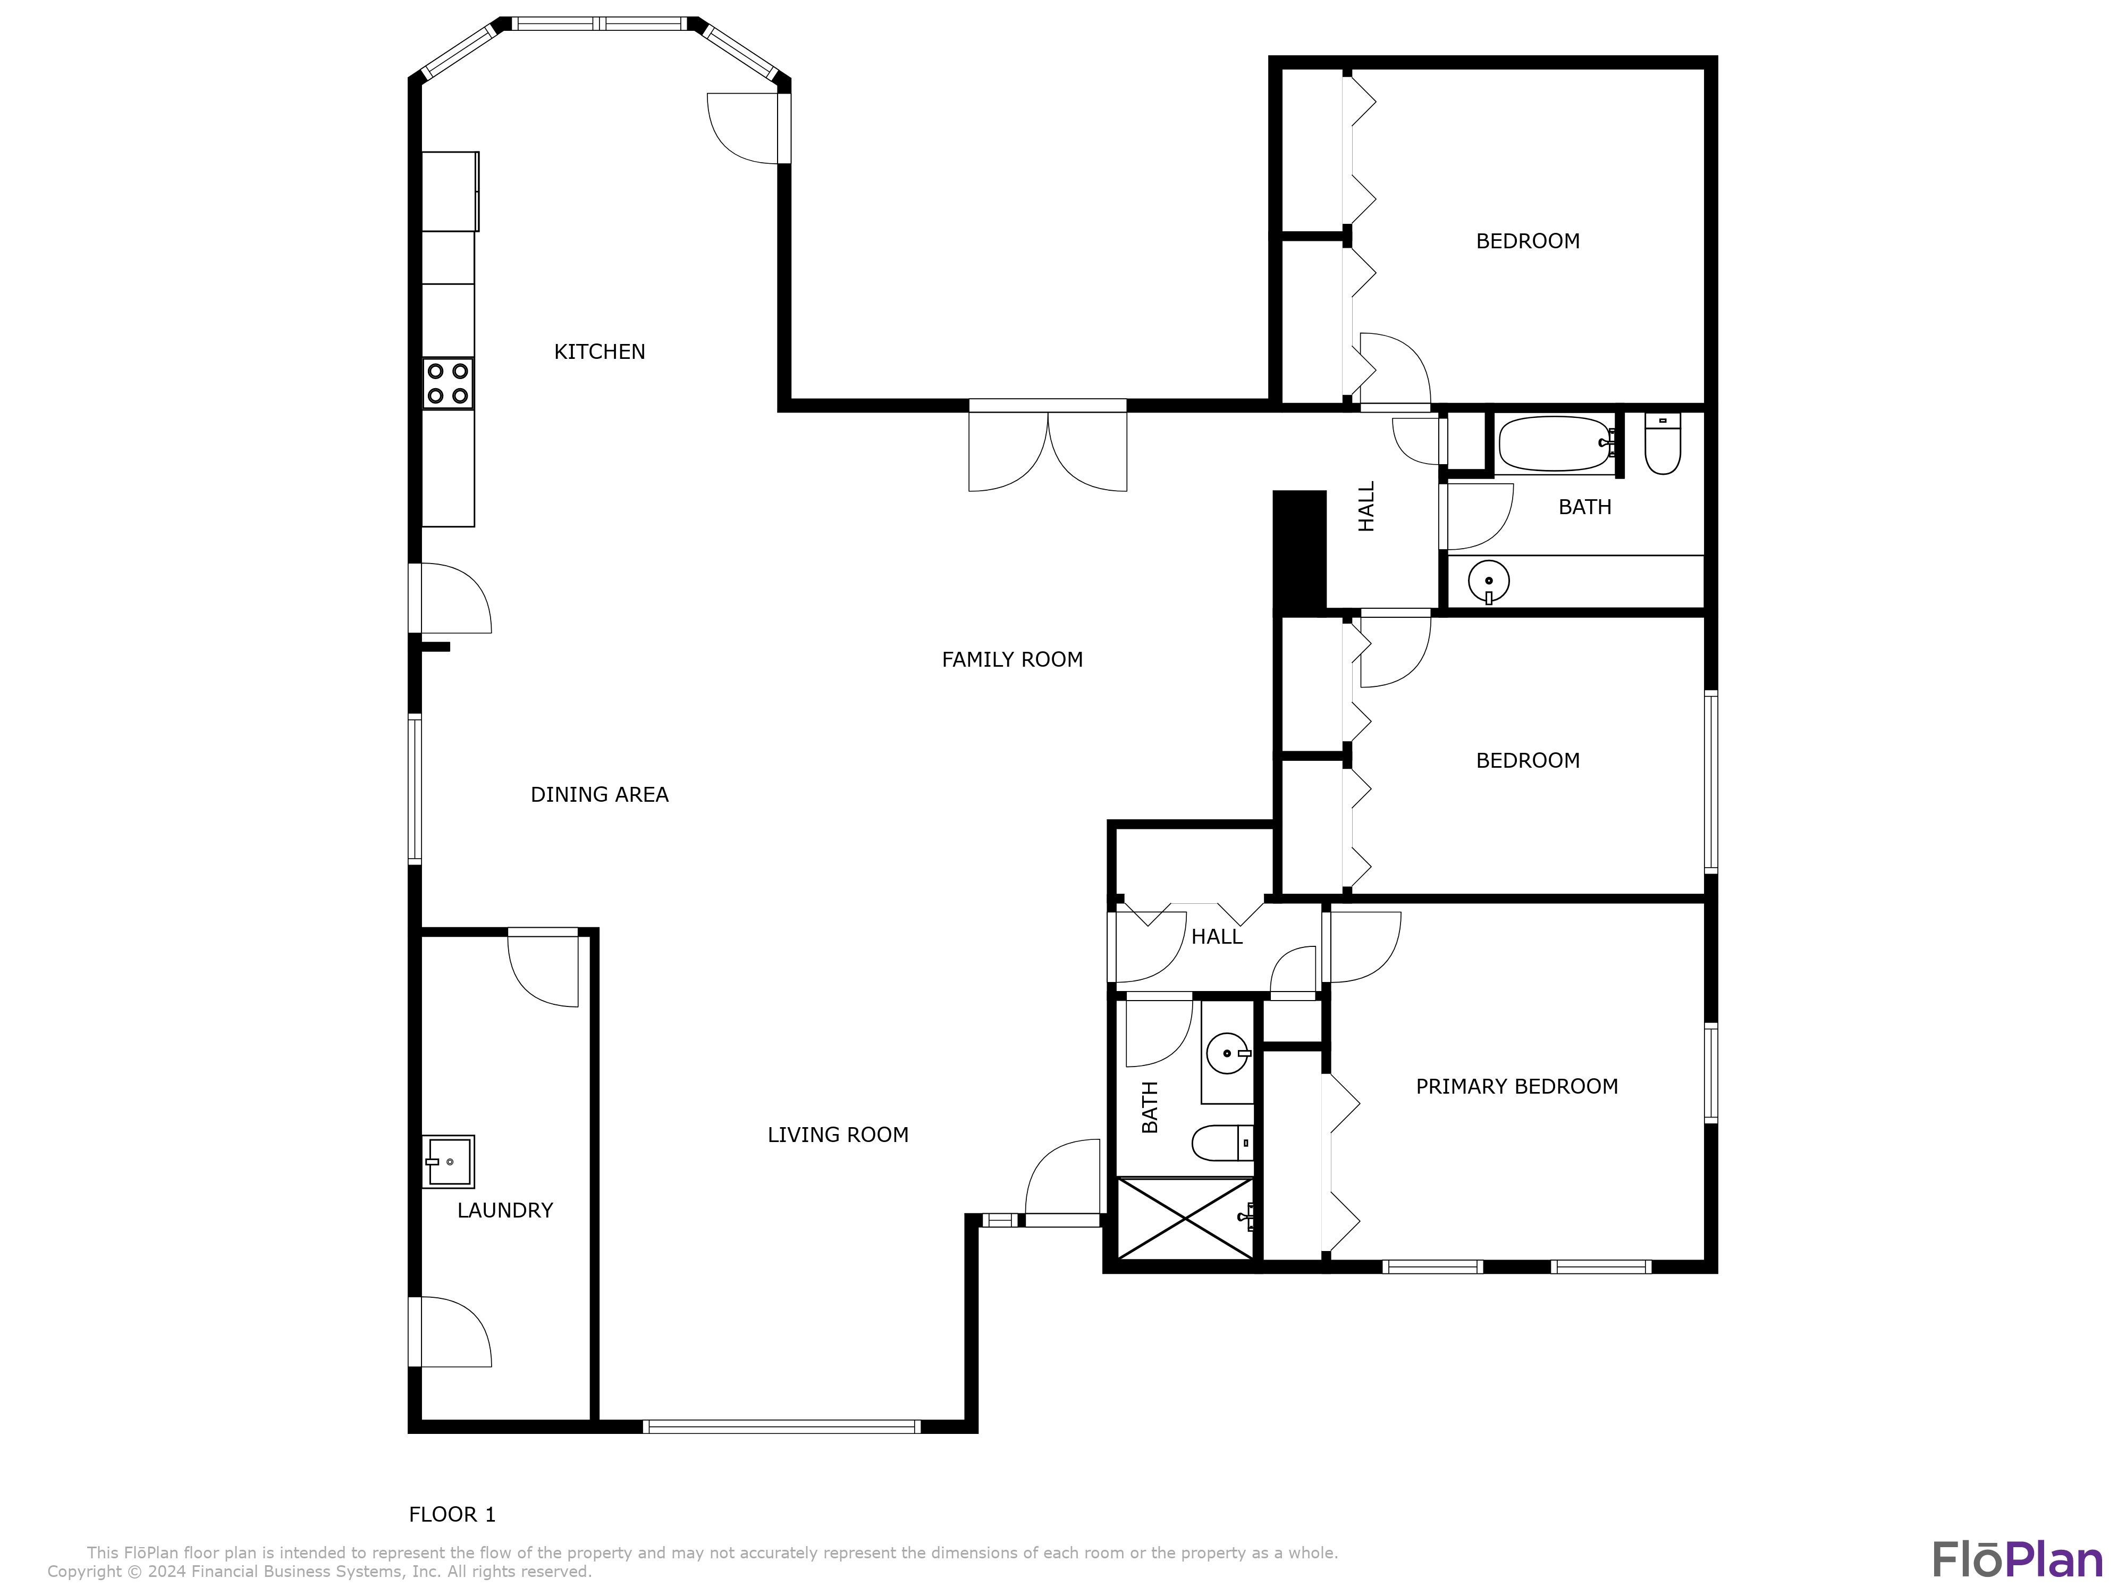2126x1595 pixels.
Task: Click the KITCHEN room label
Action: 599,352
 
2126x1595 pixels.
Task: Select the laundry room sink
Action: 449,1161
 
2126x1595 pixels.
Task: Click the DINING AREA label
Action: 599,794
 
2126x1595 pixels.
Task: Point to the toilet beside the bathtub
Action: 1662,443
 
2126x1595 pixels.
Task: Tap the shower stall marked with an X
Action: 1186,1218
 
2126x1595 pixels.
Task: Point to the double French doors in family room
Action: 1048,447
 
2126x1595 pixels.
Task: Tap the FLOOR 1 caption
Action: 452,1514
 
